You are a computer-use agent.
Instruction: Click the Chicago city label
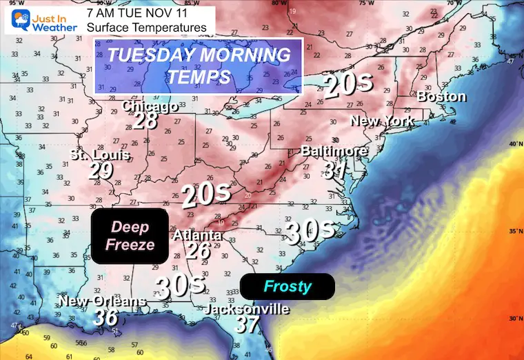coord(150,106)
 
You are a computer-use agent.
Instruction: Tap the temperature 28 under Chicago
coord(147,121)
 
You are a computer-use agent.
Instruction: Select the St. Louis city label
coord(101,155)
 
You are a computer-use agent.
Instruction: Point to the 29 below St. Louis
coord(101,170)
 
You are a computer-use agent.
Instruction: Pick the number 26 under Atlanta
coord(197,250)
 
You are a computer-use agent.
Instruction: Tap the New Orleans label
coord(102,301)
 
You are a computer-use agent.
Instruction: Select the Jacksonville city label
coord(246,310)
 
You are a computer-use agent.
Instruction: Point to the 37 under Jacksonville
coord(246,325)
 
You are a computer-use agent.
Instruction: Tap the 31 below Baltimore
coord(335,168)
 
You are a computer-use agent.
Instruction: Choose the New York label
coord(382,121)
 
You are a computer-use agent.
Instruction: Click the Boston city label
coord(442,97)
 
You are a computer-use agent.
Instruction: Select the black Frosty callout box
coord(287,286)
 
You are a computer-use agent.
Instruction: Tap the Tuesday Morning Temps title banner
coord(199,66)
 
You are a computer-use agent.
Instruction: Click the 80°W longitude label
coord(279,3)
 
